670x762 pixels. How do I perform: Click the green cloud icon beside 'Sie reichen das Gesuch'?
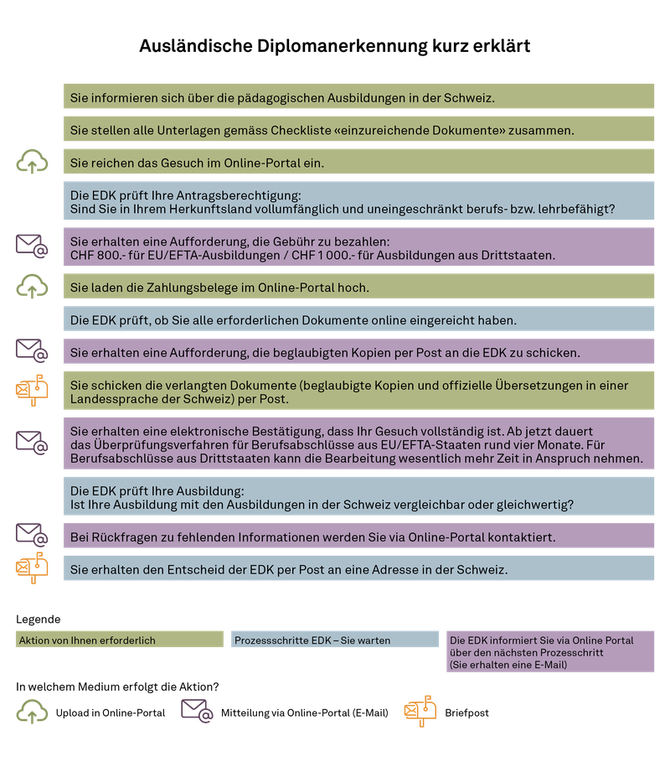(32, 161)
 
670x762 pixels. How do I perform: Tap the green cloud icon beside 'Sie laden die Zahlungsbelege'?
(32, 288)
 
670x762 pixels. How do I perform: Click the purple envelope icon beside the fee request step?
(32, 245)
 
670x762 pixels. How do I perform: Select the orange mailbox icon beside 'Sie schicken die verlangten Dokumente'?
(32, 389)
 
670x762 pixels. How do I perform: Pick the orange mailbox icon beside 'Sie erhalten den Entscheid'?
(32, 568)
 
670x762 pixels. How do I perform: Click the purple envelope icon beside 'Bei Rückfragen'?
(32, 534)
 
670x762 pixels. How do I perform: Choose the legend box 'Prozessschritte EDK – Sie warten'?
(335, 640)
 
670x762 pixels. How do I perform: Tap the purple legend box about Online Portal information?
(550, 651)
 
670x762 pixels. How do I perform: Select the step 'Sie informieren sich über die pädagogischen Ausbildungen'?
(359, 97)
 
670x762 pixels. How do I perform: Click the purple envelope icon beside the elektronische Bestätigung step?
(32, 441)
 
